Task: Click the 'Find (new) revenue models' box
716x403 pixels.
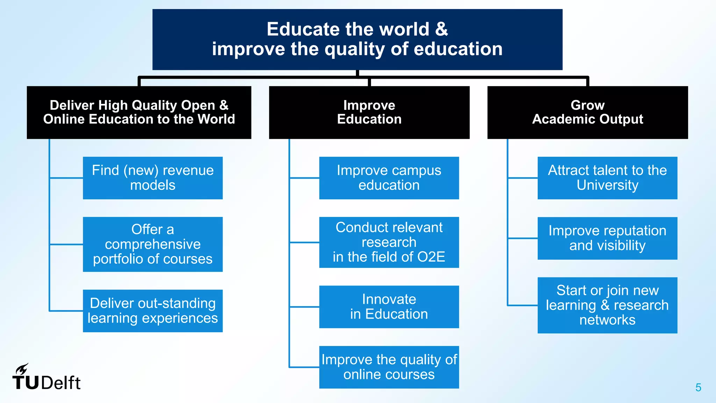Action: coord(152,178)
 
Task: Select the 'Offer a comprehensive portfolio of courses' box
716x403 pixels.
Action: coord(152,244)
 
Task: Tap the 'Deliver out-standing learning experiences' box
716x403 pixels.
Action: coord(152,311)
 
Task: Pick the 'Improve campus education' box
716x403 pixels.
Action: coord(389,178)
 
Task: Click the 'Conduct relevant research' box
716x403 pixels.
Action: coord(389,242)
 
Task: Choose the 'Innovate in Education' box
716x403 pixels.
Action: coord(389,307)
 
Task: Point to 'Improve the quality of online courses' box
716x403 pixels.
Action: coord(389,367)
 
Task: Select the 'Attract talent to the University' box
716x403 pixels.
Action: coord(607,178)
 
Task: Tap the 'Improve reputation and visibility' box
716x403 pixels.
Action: coord(607,238)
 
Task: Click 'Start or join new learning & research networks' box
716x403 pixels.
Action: coord(607,305)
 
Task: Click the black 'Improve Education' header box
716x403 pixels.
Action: coord(369,112)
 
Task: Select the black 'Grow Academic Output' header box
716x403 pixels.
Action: coord(587,112)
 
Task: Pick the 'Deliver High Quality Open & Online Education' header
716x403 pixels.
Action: coord(139,112)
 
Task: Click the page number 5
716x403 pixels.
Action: coord(698,388)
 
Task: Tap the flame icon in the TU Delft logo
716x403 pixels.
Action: coord(22,369)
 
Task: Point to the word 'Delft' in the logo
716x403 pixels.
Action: coord(61,383)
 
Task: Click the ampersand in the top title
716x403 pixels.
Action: coord(441,29)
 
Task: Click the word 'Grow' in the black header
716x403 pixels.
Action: coord(587,105)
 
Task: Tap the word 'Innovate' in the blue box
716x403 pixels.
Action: coord(389,299)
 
